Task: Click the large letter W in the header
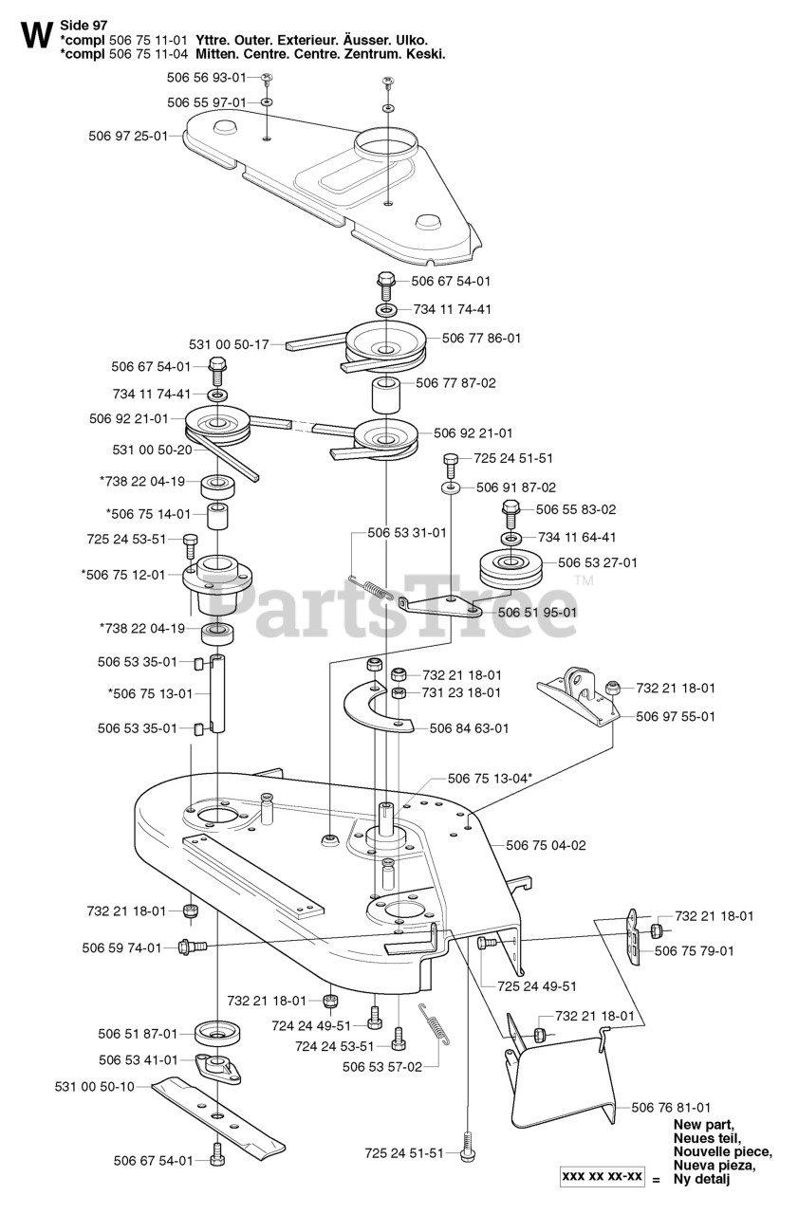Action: pos(34,35)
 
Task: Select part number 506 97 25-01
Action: pos(126,136)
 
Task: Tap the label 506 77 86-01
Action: pos(481,337)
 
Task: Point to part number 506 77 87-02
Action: pos(455,383)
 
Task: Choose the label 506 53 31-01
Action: pos(406,533)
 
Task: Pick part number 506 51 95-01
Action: pos(537,612)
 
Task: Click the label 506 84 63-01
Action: pos(469,728)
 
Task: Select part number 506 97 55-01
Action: pos(676,716)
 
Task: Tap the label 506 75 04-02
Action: pos(546,844)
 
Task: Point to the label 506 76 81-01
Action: pos(671,1107)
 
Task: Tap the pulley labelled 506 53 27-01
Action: pos(510,567)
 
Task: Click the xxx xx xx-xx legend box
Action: pos(602,1177)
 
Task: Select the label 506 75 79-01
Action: pos(695,950)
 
